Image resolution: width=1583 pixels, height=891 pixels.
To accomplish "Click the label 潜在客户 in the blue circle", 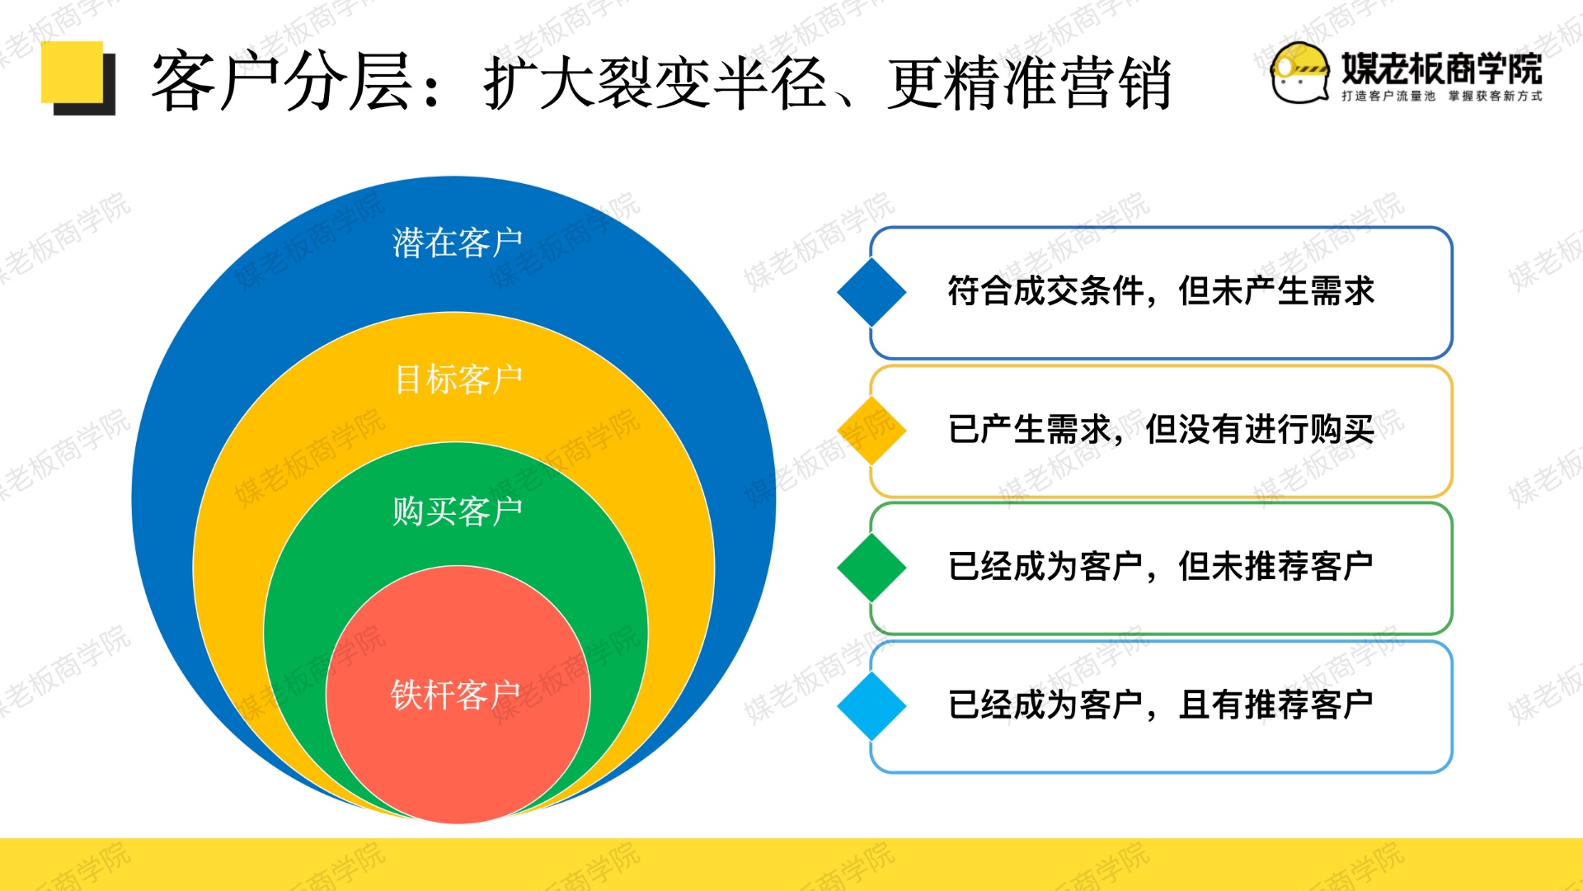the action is [458, 243].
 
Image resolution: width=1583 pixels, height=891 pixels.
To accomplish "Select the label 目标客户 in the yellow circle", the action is [458, 379].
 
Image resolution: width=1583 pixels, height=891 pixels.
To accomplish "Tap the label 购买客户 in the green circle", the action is [458, 511].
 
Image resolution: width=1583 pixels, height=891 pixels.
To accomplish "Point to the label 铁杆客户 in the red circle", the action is [455, 695].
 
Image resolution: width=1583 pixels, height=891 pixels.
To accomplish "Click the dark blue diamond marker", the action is [871, 292].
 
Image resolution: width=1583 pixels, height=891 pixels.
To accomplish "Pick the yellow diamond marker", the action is [871, 430].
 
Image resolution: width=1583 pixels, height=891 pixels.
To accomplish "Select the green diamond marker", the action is [871, 568].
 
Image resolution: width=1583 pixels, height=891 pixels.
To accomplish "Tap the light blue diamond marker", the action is [871, 706].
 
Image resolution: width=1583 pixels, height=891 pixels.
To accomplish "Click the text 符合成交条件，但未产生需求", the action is [1161, 291].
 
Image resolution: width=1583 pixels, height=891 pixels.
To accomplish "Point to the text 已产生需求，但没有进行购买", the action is [1161, 430].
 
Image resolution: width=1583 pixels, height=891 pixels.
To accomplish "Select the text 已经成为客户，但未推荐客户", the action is [1161, 567].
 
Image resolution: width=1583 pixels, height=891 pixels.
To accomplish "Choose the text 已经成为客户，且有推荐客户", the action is [1161, 705].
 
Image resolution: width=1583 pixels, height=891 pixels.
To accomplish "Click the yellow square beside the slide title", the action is [73, 73].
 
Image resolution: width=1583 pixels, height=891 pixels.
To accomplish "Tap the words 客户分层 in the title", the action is [281, 82].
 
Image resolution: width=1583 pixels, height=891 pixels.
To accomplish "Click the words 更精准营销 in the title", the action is [1030, 82].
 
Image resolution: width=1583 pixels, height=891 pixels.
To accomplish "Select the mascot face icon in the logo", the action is [1300, 73].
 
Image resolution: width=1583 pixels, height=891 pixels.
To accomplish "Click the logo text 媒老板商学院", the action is [1442, 68].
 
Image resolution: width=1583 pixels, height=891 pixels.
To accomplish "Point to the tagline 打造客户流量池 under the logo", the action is [1388, 97].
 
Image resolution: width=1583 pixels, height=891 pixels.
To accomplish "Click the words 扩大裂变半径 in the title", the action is [655, 82].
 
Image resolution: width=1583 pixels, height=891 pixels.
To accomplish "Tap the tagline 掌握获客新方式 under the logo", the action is [1496, 97].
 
